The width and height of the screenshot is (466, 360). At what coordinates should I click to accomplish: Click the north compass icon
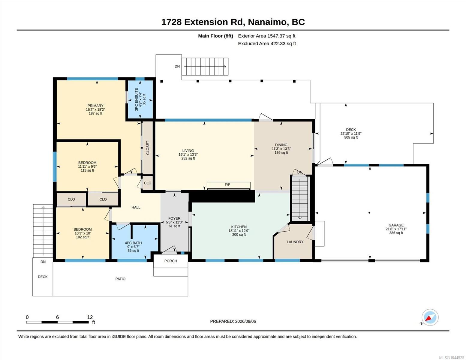pyautogui.click(x=430, y=318)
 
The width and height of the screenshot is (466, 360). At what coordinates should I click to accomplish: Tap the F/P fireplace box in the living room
pyautogui.click(x=229, y=185)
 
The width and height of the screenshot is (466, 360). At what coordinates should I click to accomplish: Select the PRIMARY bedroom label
pyautogui.click(x=95, y=106)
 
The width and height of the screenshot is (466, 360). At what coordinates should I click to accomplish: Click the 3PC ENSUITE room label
pyautogui.click(x=137, y=99)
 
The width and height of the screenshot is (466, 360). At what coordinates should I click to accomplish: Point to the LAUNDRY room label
pyautogui.click(x=295, y=242)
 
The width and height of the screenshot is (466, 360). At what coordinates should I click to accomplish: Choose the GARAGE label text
pyautogui.click(x=396, y=225)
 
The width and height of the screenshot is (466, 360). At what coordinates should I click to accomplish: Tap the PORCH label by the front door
pyautogui.click(x=171, y=261)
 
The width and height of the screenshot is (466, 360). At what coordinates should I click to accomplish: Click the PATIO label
pyautogui.click(x=120, y=279)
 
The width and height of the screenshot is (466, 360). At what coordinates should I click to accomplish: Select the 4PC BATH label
pyautogui.click(x=133, y=243)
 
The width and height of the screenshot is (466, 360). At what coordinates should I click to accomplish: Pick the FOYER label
pyautogui.click(x=174, y=218)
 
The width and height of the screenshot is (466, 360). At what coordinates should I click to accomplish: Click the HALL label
pyautogui.click(x=136, y=207)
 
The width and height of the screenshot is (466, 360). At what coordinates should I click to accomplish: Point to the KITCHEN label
pyautogui.click(x=239, y=227)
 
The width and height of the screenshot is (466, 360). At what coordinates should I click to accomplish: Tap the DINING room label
pyautogui.click(x=281, y=145)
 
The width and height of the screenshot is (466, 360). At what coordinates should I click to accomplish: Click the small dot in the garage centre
pyautogui.click(x=369, y=213)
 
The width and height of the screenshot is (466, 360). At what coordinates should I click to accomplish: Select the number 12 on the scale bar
pyautogui.click(x=90, y=317)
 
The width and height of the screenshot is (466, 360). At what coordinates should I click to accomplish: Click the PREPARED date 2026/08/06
pyautogui.click(x=245, y=321)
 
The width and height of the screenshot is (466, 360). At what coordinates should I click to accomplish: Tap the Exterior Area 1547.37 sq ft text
pyautogui.click(x=266, y=36)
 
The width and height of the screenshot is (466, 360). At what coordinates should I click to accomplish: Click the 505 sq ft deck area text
pyautogui.click(x=351, y=137)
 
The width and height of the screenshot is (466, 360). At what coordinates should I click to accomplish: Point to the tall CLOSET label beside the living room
pyautogui.click(x=148, y=148)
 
